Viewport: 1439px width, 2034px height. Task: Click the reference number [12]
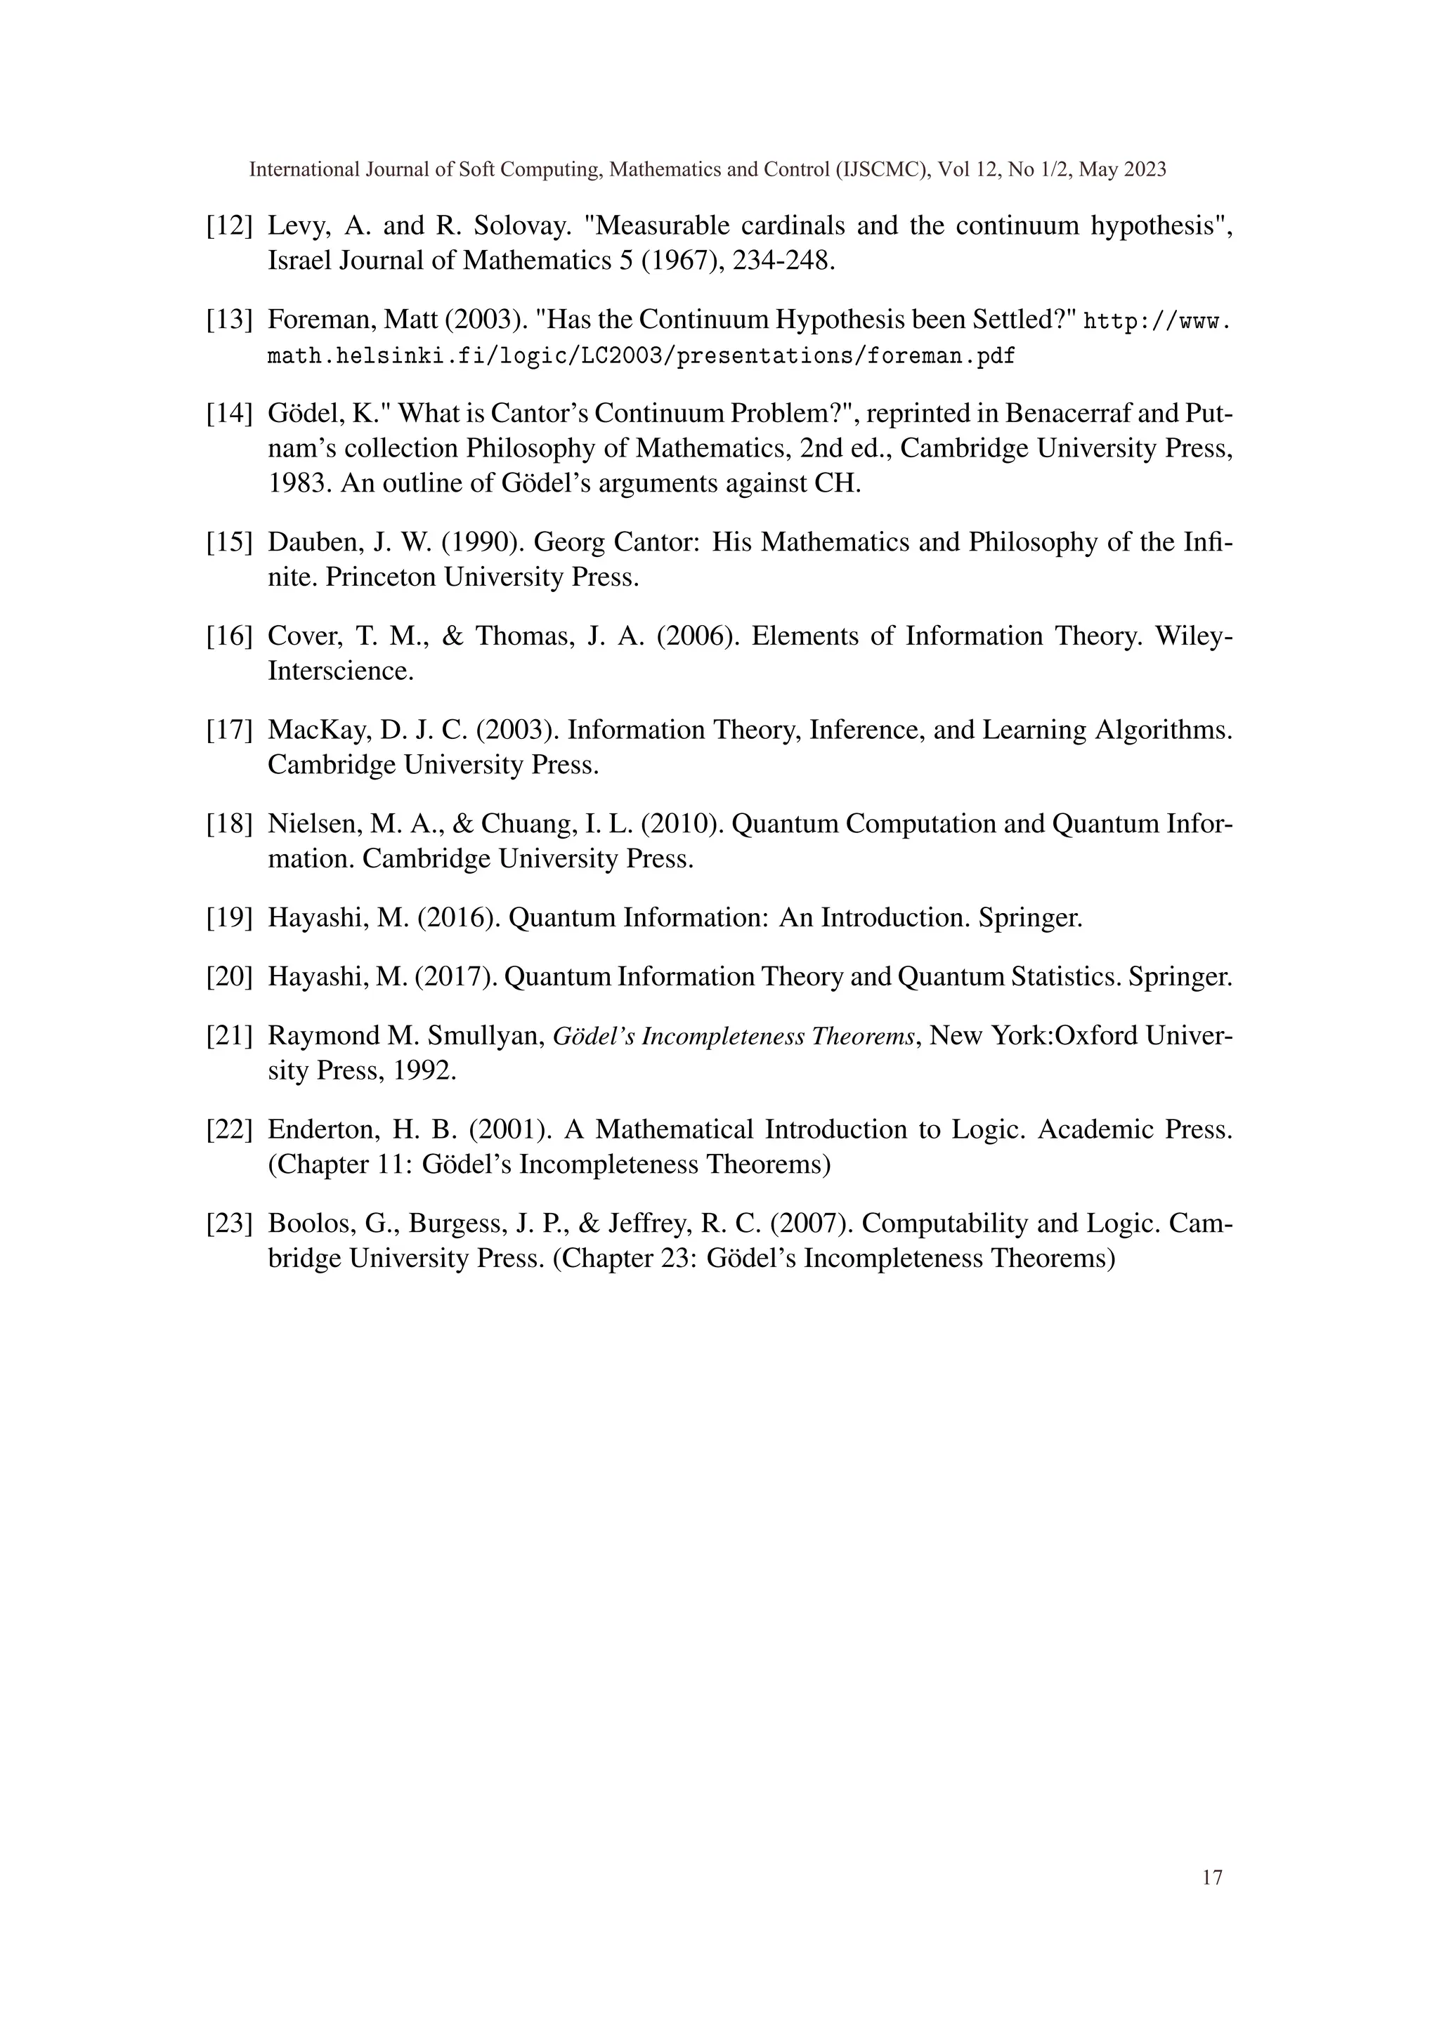tap(230, 227)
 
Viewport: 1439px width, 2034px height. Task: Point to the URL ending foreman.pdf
tap(641, 356)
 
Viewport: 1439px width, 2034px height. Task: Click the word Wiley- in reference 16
tap(1194, 636)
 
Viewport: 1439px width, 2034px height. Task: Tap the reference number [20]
tap(230, 977)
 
